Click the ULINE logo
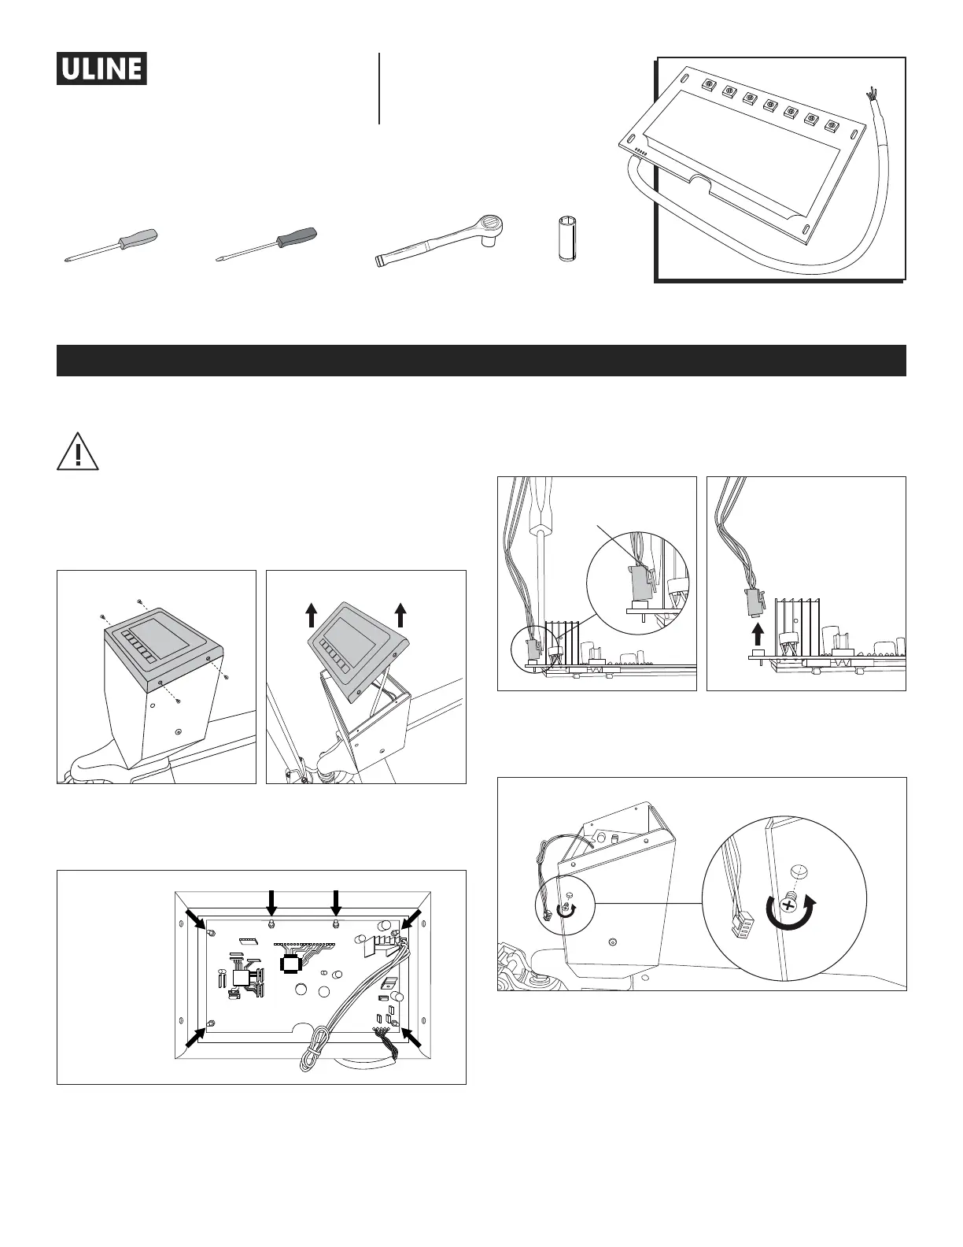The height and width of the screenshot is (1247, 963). (x=101, y=68)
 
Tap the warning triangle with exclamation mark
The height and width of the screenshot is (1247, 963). (x=77, y=453)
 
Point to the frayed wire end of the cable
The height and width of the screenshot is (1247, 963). (x=871, y=94)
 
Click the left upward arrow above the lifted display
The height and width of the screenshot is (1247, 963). (x=312, y=612)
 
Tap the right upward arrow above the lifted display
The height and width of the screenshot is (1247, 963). (x=400, y=612)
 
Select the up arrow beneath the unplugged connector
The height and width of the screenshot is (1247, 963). (x=758, y=633)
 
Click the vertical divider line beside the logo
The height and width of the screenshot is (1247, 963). (x=379, y=88)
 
